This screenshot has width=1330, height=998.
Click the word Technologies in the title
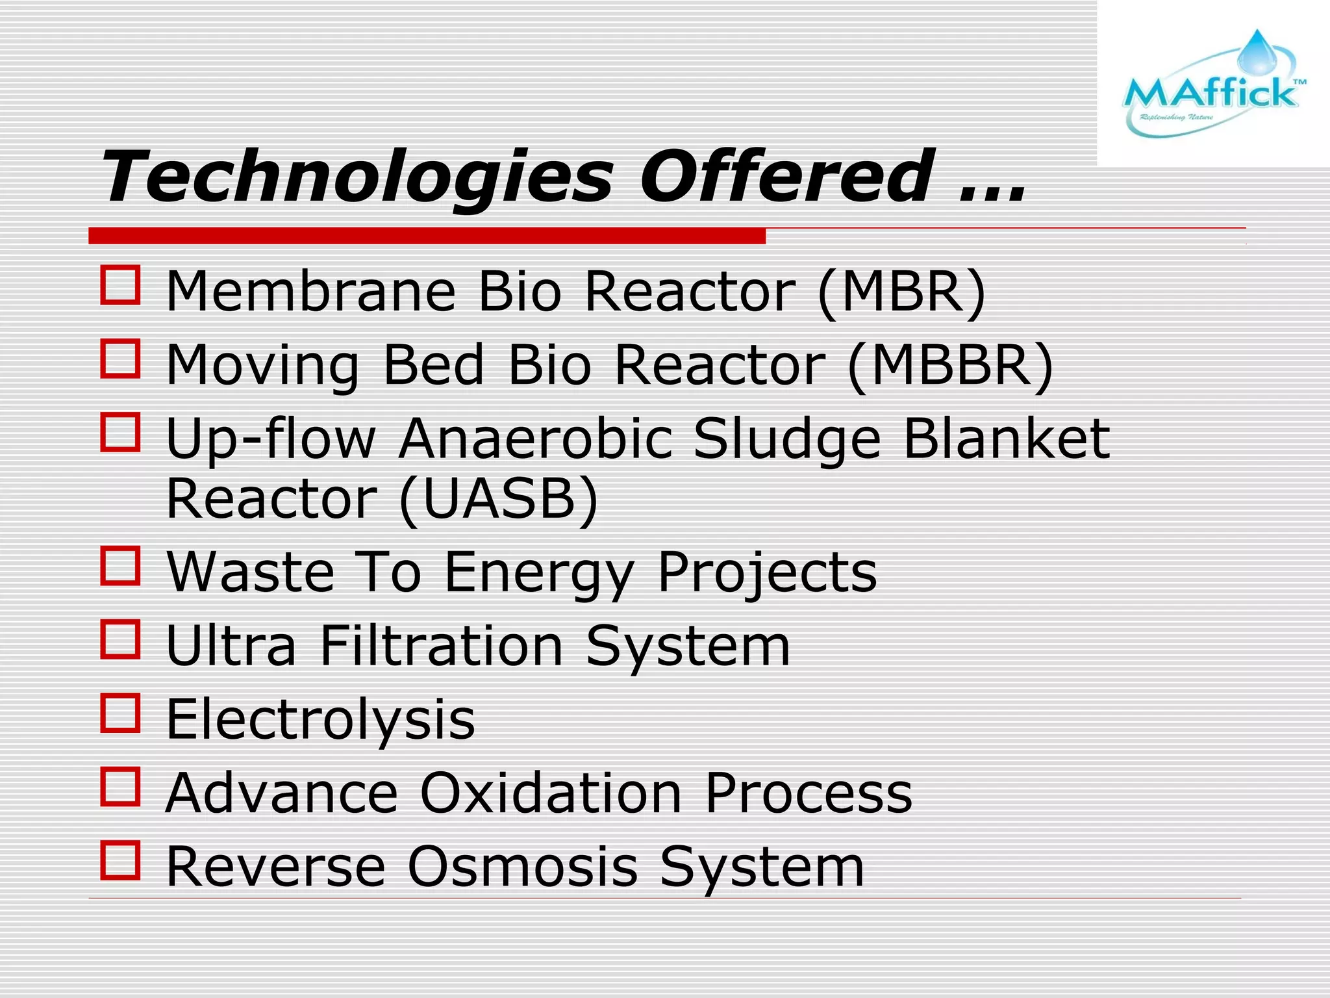[x=357, y=177]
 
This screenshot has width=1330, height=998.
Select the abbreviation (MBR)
[x=901, y=292]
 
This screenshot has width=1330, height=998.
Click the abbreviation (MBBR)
[x=951, y=365]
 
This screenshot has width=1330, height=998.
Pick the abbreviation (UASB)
[x=498, y=499]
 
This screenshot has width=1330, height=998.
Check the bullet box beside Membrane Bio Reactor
[x=121, y=285]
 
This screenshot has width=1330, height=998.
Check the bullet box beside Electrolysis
[x=121, y=713]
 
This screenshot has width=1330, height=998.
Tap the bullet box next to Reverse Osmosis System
[x=121, y=860]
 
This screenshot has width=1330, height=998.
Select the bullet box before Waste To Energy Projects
[x=121, y=566]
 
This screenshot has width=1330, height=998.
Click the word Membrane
[x=311, y=292]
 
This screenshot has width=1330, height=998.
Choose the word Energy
[x=539, y=573]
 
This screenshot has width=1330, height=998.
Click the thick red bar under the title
[x=427, y=236]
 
